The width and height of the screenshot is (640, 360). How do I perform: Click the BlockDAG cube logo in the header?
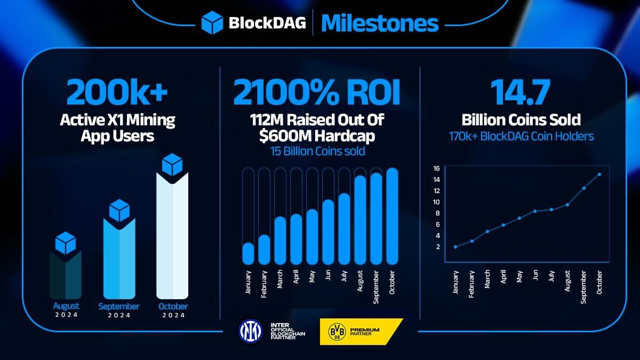point(212,23)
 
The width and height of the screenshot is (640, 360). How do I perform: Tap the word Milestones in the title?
point(380,23)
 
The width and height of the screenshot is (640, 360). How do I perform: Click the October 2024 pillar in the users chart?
point(172,235)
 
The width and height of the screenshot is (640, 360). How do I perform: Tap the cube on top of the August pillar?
point(66,243)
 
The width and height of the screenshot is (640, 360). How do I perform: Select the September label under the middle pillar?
point(118,307)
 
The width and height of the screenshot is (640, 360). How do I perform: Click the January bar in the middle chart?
point(248,253)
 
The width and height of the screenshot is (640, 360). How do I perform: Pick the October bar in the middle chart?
point(393,216)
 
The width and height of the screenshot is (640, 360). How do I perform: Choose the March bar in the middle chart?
point(280,240)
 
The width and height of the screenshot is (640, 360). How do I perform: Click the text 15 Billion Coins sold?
point(317,151)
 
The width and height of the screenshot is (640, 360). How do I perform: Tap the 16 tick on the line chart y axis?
point(436,169)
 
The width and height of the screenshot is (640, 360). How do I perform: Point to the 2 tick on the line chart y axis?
point(438,247)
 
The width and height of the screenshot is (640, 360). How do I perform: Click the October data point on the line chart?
point(599,174)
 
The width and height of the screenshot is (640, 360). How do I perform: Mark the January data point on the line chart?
point(455,247)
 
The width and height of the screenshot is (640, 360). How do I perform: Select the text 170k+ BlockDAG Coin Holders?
point(521,137)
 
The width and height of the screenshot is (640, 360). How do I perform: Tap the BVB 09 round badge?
point(336,331)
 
